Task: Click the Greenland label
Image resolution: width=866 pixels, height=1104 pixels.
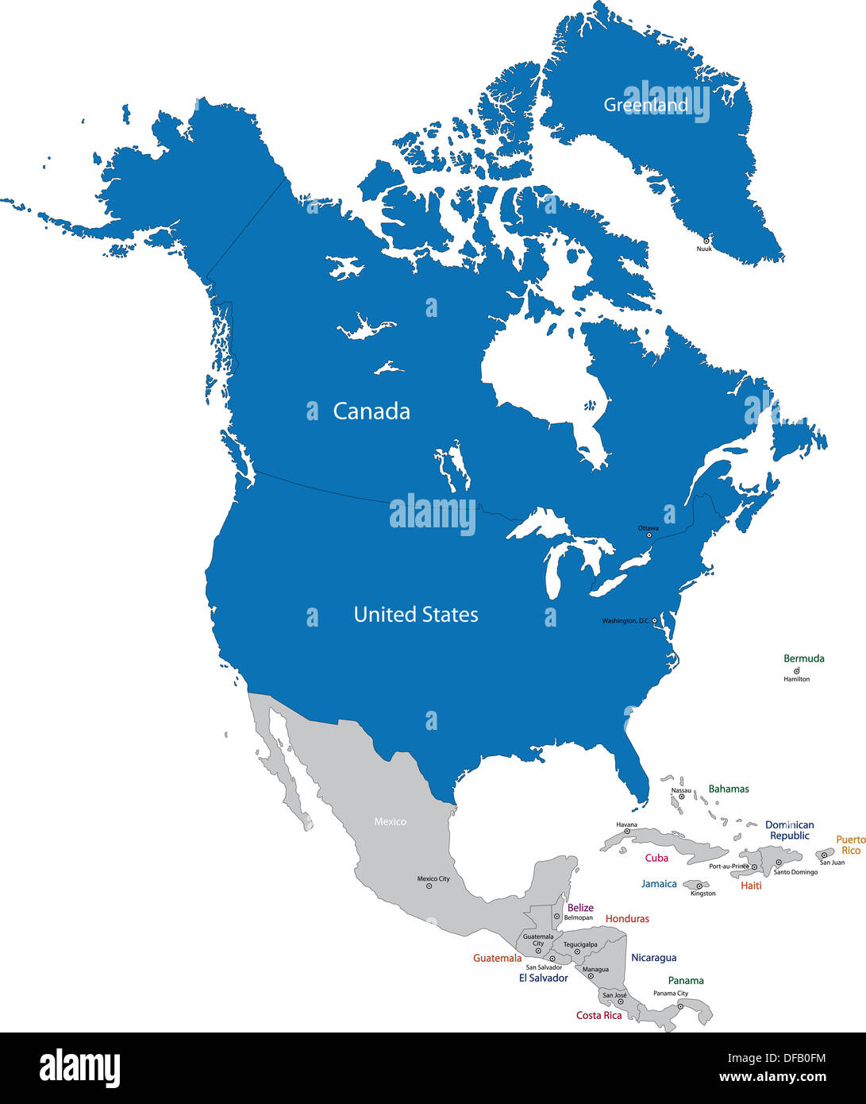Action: [645, 105]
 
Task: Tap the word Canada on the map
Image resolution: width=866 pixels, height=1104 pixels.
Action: [371, 411]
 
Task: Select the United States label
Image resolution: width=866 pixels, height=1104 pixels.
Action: [416, 615]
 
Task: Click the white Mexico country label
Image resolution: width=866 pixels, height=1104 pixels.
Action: [391, 821]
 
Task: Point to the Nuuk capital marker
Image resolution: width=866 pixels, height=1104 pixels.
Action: [706, 240]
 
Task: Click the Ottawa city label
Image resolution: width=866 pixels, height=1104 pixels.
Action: [648, 528]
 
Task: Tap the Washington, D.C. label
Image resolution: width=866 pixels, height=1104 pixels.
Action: [625, 620]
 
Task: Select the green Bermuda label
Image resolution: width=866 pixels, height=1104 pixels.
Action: [804, 658]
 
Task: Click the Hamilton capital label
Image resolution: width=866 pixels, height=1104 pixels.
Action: [797, 679]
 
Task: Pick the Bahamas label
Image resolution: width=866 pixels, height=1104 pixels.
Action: [729, 789]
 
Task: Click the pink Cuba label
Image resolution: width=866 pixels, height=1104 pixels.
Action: [656, 858]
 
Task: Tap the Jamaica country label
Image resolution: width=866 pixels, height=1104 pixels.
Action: [659, 884]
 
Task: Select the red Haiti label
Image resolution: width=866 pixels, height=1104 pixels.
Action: [751, 886]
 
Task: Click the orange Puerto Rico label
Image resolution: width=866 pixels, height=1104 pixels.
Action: [851, 845]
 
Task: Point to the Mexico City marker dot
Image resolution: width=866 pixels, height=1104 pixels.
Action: [429, 886]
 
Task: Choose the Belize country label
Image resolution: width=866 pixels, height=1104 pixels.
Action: [580, 908]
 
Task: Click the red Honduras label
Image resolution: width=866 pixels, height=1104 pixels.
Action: [627, 919]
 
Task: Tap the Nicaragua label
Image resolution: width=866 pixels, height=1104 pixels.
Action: [654, 958]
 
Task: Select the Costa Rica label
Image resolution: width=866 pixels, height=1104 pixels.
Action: [599, 1016]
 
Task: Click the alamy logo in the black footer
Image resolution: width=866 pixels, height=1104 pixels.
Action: [79, 1068]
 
